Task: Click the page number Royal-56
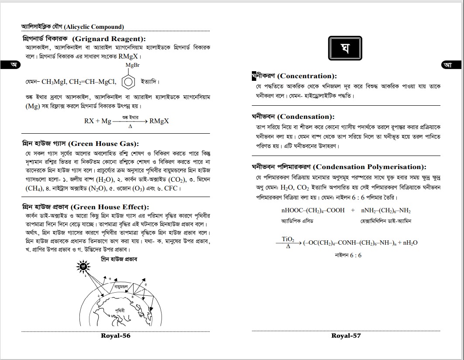tap(115, 336)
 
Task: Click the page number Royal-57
tap(346, 336)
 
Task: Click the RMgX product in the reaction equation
tap(159, 121)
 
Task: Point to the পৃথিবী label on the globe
tap(120, 310)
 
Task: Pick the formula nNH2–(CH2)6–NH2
tap(385, 210)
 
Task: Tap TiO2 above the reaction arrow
tap(288, 240)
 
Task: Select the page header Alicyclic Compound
tap(72, 27)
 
